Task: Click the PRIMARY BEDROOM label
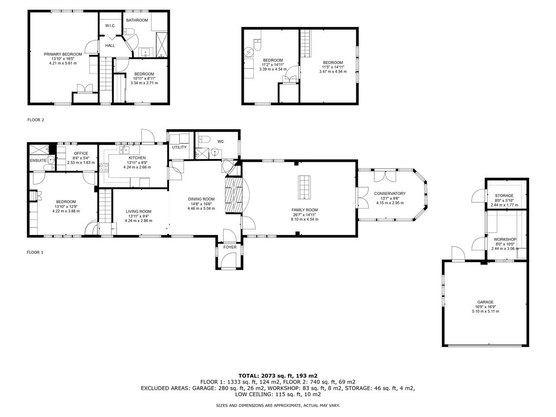[63, 54]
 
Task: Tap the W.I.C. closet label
[110, 25]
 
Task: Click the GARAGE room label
[485, 302]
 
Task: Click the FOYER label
[230, 247]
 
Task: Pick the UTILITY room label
[179, 147]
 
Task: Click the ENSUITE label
[38, 160]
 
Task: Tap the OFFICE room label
[81, 153]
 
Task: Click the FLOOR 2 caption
[35, 120]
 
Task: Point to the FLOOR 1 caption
[35, 253]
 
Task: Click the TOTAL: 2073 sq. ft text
[278, 375]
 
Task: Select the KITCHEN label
[137, 158]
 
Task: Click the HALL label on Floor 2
[110, 45]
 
